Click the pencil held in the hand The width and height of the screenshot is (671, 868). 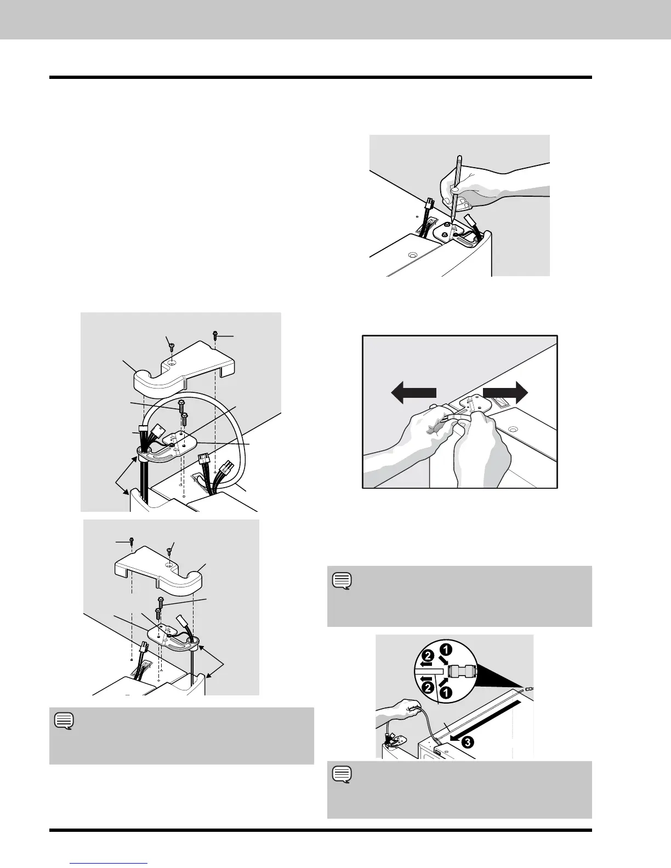click(456, 186)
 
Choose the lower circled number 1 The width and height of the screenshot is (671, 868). click(447, 692)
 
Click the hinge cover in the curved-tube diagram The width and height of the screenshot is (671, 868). click(183, 370)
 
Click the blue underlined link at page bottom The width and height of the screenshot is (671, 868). click(110, 863)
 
